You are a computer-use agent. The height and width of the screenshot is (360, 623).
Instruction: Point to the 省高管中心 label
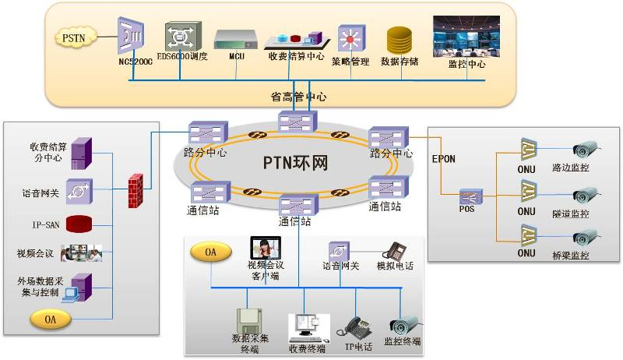(298, 97)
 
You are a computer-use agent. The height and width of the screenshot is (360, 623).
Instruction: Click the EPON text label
(443, 158)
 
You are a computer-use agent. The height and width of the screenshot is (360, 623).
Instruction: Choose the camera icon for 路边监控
(585, 149)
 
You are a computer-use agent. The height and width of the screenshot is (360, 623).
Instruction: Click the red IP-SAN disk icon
(79, 224)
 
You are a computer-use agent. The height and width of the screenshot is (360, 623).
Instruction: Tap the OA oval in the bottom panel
(210, 252)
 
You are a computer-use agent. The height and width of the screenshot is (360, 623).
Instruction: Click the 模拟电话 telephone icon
(395, 250)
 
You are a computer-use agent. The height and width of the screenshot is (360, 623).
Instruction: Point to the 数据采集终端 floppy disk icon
(251, 321)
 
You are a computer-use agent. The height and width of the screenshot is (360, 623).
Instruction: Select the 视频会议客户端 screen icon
(265, 249)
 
